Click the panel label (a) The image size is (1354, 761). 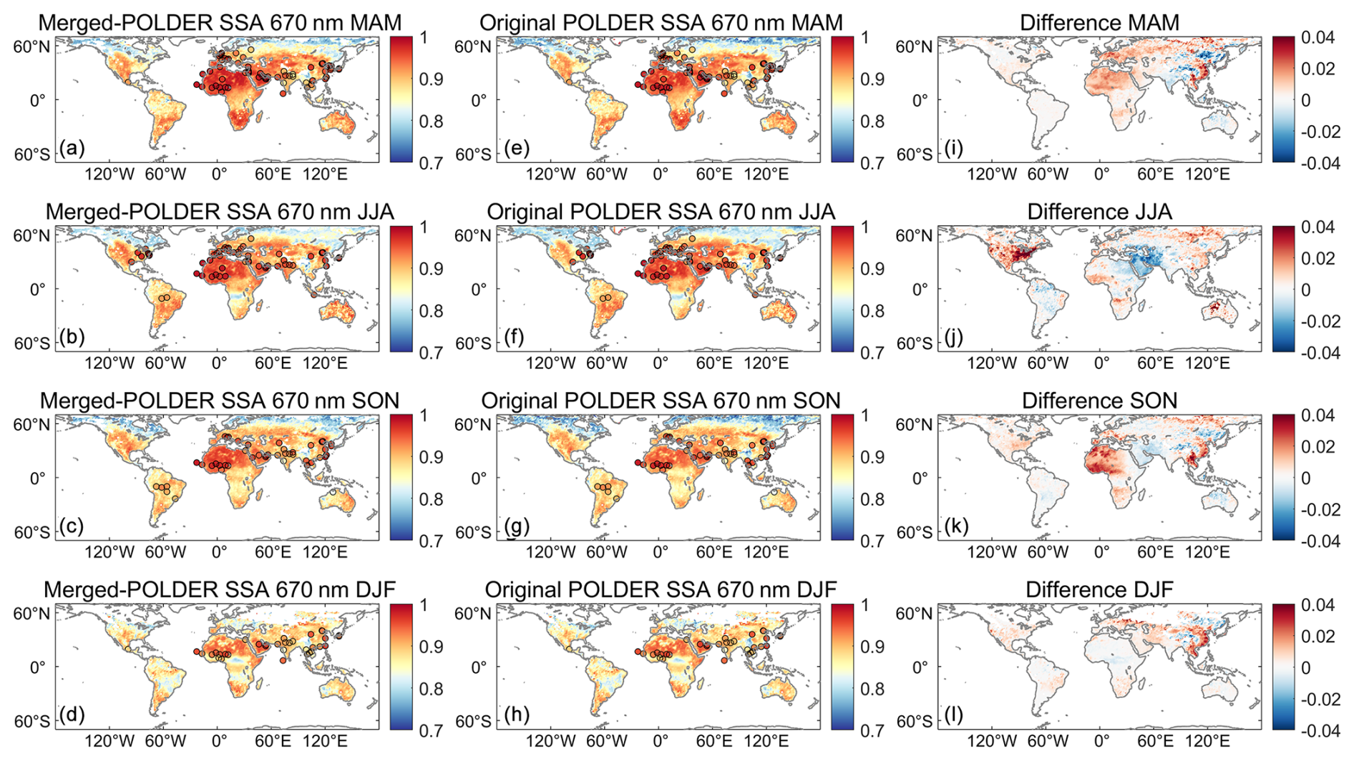coord(72,149)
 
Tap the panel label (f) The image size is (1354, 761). coord(514,338)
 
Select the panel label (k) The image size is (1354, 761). coord(955,526)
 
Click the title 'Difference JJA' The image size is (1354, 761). coord(1099,212)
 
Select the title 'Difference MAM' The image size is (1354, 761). coord(1099,23)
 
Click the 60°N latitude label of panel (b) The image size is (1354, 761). coord(32,236)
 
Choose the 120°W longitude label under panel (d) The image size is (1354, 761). coord(109,741)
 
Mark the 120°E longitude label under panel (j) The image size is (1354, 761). coord(1208,363)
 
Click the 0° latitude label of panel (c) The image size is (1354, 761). coord(37,478)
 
